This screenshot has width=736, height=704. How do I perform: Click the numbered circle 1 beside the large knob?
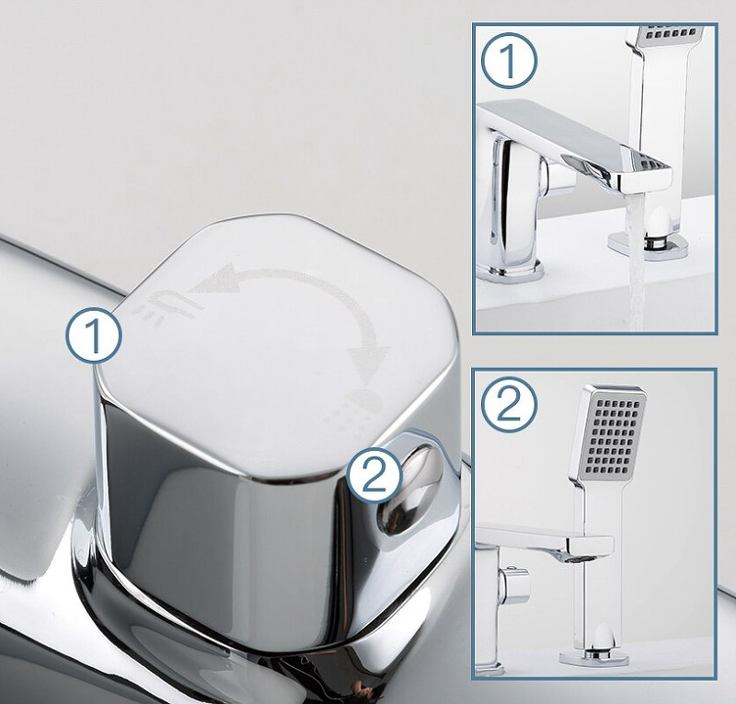point(94,336)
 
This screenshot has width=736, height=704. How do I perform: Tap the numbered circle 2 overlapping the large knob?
point(374,474)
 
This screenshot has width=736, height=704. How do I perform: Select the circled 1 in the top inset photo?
point(509,61)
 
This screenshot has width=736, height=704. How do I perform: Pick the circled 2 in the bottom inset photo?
point(510,405)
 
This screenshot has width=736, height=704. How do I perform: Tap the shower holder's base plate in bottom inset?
point(593,656)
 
